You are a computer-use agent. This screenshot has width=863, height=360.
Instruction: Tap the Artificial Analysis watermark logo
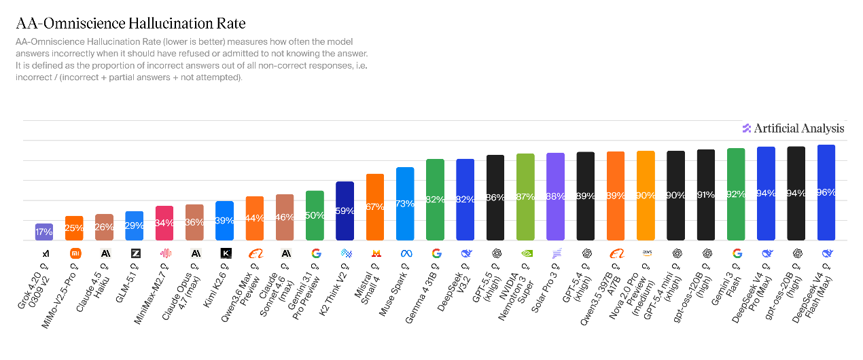[793, 128]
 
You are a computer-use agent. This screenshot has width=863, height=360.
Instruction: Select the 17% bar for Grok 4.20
[44, 232]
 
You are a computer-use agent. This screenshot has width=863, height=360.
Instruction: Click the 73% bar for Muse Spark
[405, 204]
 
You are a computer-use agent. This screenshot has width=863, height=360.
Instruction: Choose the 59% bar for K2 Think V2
[345, 211]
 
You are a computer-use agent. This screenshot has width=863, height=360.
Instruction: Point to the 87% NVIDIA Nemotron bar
[525, 197]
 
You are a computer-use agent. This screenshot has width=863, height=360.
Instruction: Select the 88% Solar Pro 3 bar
[555, 196]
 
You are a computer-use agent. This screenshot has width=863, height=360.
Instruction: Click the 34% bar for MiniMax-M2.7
[164, 223]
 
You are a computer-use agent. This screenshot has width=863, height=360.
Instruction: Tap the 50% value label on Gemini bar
[315, 215]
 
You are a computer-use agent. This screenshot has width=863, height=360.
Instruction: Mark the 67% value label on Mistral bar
[375, 206]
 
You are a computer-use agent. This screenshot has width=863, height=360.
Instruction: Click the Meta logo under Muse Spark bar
[406, 253]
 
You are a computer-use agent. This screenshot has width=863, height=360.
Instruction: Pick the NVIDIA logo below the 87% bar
[525, 253]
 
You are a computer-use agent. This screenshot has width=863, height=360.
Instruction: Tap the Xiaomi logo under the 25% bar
[75, 253]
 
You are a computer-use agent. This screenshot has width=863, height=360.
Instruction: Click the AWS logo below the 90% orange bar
[646, 253]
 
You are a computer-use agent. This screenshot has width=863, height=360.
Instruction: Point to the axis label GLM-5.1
[126, 286]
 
